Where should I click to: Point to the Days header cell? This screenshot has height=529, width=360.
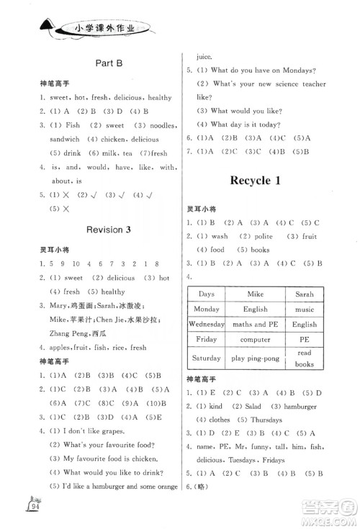[207, 294]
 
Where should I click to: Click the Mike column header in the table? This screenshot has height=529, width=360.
[255, 294]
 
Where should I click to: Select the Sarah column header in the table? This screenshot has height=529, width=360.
[305, 294]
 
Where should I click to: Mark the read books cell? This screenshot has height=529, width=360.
[305, 358]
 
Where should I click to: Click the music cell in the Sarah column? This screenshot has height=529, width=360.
[305, 309]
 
